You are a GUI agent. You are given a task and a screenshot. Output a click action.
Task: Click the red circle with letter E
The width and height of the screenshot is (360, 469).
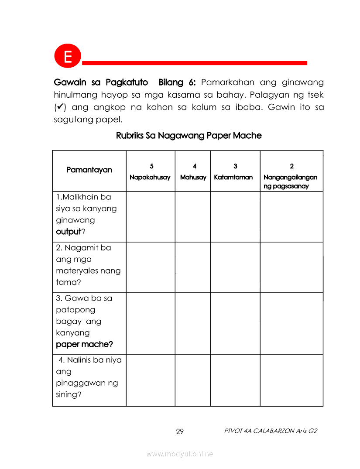[x=68, y=57]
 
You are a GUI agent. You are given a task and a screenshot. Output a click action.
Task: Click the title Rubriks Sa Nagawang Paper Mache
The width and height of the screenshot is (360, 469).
[x=189, y=136]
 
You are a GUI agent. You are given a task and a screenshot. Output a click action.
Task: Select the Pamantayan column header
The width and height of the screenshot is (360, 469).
[x=89, y=170]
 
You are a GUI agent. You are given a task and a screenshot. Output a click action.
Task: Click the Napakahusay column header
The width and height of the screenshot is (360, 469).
[x=150, y=172]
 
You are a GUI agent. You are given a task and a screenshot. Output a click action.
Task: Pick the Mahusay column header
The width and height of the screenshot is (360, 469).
[x=193, y=172]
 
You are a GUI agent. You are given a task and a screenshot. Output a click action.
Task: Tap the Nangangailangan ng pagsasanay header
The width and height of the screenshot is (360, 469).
[x=291, y=176]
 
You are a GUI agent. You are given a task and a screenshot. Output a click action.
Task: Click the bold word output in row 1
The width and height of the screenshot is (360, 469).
[x=69, y=232]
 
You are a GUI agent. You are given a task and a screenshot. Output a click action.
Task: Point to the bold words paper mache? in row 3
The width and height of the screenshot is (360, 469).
[x=85, y=344]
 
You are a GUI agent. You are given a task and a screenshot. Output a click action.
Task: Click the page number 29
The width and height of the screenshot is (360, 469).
[x=180, y=432]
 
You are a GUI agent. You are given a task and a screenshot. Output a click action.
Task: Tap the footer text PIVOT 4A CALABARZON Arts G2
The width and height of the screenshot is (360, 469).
[x=271, y=431]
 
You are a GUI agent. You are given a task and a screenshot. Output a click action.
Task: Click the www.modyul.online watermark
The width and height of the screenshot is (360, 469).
[x=180, y=454]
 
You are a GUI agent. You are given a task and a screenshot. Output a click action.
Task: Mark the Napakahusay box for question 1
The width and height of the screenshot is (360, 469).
[x=151, y=217]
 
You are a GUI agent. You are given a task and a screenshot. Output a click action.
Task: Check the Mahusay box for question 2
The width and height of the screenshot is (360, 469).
[x=193, y=267]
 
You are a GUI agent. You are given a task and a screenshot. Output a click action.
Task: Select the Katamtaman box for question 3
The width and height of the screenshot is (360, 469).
[x=235, y=323]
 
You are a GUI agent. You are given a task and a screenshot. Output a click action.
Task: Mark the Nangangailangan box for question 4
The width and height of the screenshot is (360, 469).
[x=291, y=380]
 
